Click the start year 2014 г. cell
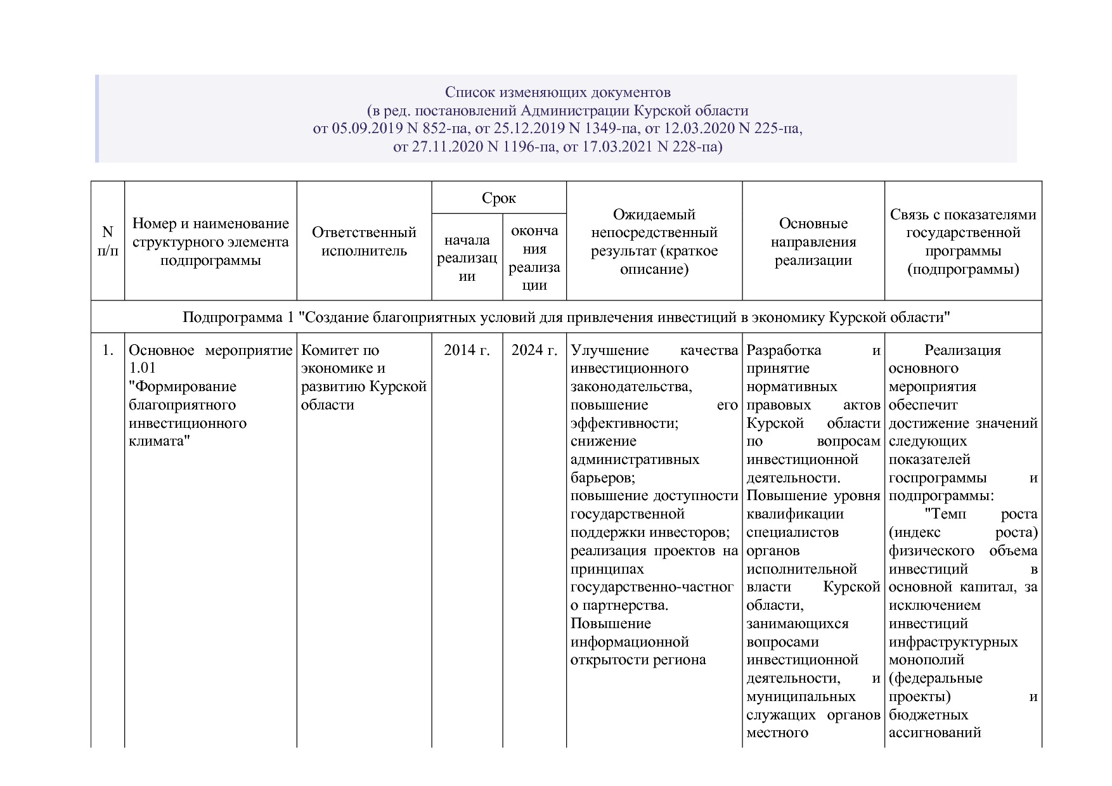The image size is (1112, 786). (x=467, y=351)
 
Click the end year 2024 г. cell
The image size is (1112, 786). (x=534, y=351)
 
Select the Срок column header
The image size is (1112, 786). (x=499, y=198)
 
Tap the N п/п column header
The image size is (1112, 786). (x=108, y=242)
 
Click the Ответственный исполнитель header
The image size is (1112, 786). (x=364, y=242)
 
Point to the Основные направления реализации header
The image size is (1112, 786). (x=813, y=242)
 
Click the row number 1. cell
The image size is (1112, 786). (x=108, y=351)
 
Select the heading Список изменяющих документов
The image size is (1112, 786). (x=557, y=93)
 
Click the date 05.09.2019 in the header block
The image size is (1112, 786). (x=367, y=129)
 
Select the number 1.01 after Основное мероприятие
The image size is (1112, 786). (x=142, y=368)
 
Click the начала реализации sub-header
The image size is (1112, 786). (x=467, y=258)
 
